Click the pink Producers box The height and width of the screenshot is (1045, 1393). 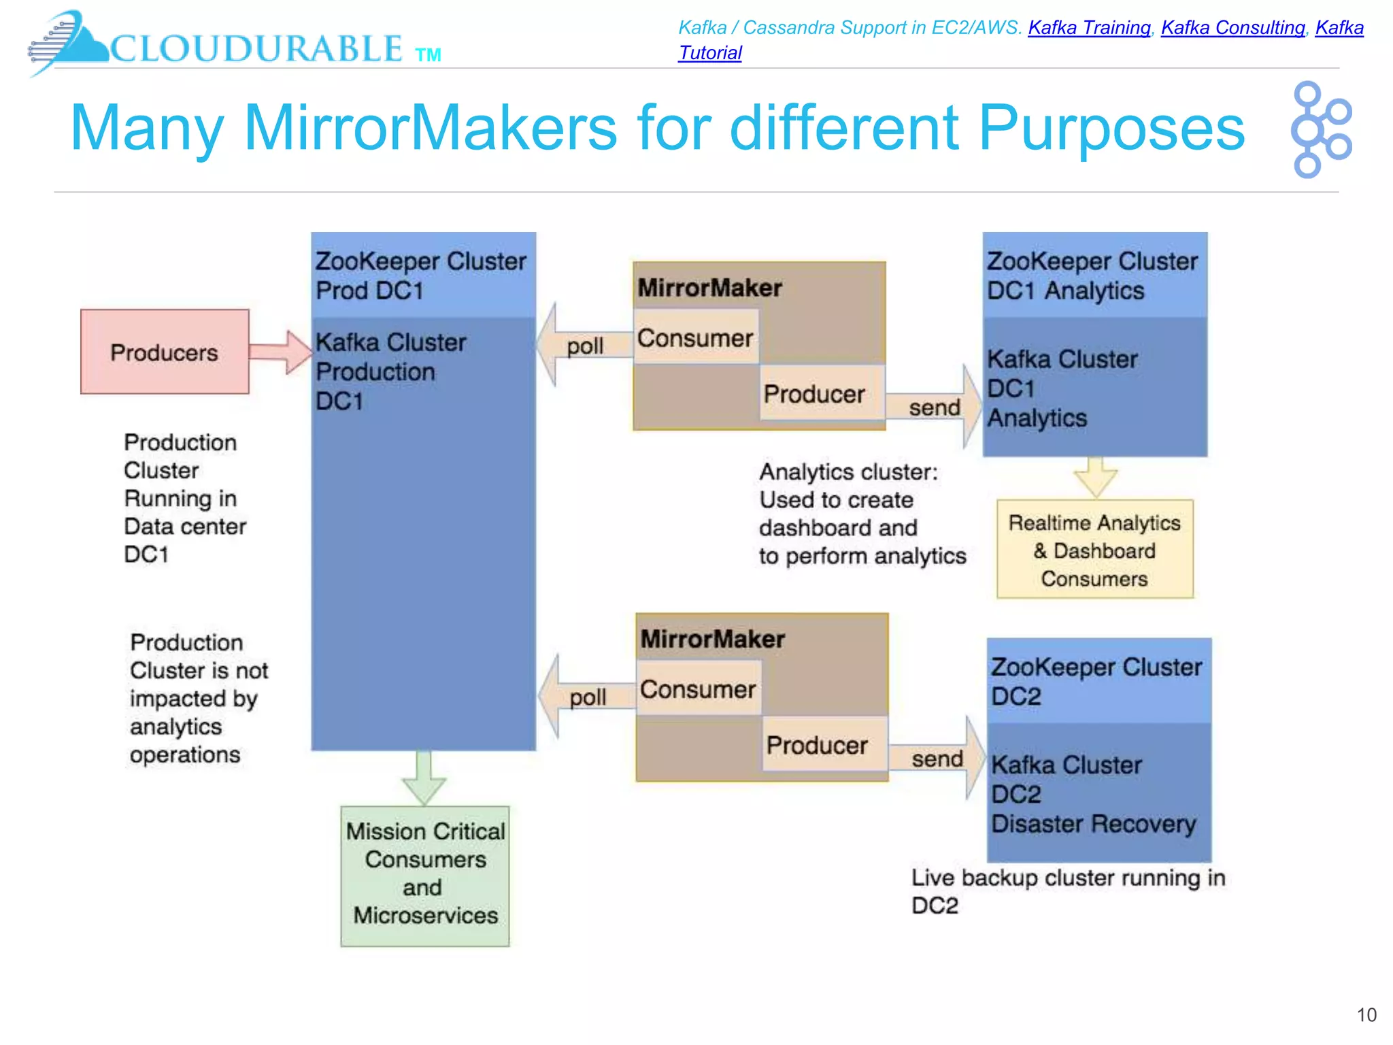tap(165, 352)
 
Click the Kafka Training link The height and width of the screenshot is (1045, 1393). tap(1088, 28)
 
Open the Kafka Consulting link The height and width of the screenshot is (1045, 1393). tap(1232, 28)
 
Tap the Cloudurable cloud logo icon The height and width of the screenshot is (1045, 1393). tap(68, 42)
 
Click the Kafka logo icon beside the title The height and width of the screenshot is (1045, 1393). tap(1320, 129)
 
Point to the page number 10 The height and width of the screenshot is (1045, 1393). tap(1366, 1015)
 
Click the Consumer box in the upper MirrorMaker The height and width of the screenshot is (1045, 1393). tap(695, 337)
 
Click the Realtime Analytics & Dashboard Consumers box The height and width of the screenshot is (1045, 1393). tap(1094, 550)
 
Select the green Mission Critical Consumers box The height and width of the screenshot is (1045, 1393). tap(425, 875)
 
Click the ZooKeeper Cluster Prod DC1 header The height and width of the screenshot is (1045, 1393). tap(423, 275)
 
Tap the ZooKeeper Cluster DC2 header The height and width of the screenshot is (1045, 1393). tap(1098, 680)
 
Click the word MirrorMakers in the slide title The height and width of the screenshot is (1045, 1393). tap(430, 128)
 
